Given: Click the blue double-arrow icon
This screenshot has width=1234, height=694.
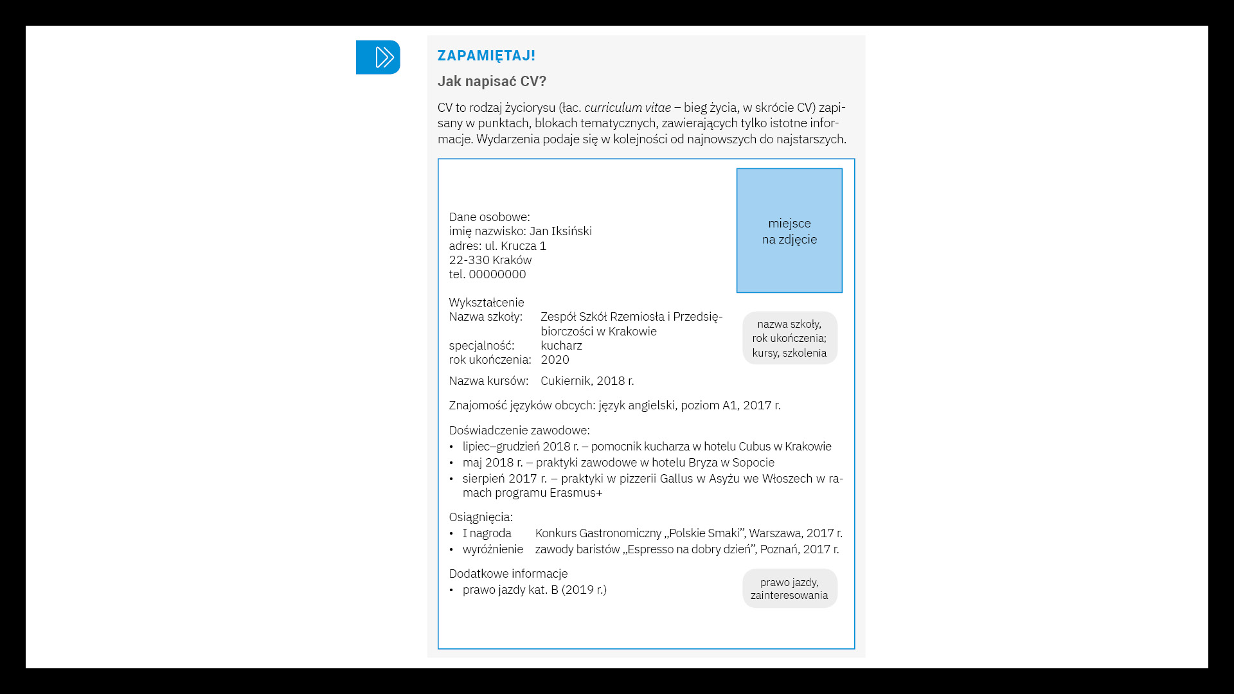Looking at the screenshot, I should click(x=378, y=57).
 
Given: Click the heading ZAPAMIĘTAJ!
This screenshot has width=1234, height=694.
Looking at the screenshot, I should click(x=486, y=56).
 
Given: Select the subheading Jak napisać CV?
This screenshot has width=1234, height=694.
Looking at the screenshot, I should click(x=492, y=82).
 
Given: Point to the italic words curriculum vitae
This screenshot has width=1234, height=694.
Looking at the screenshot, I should click(x=627, y=108).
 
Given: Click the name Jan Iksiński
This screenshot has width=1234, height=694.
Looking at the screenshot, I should click(x=560, y=231).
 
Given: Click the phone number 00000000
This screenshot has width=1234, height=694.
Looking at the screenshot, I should click(x=497, y=274).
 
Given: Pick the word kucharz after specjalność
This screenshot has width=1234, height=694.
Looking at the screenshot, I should click(x=561, y=346).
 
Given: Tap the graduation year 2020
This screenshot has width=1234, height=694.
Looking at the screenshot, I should click(x=555, y=360).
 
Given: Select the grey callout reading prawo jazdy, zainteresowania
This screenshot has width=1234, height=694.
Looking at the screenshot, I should click(x=789, y=589).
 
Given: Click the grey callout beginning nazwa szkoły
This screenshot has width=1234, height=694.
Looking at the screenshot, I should click(x=789, y=339).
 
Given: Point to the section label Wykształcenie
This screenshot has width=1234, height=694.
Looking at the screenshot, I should click(x=487, y=303).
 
